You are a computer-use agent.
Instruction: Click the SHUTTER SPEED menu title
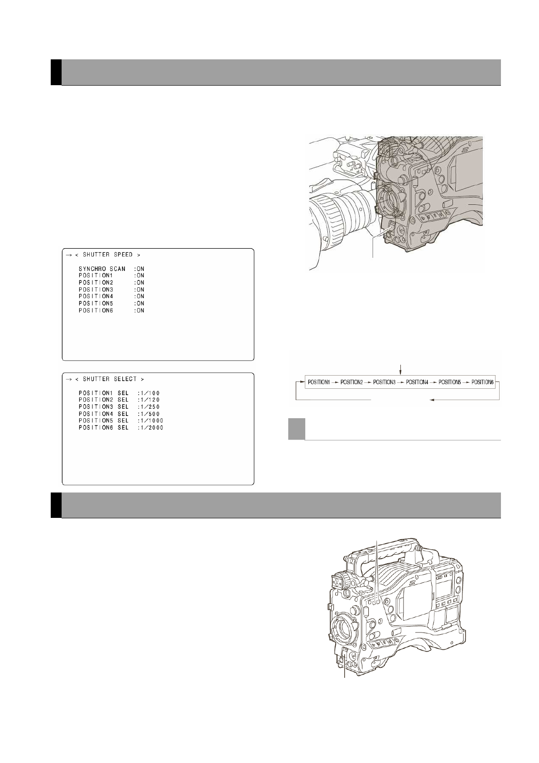tap(108, 255)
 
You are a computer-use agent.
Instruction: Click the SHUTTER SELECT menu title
tap(110, 379)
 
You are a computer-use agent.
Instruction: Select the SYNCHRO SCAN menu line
tap(111, 269)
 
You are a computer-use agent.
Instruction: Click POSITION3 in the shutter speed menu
tap(96, 290)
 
